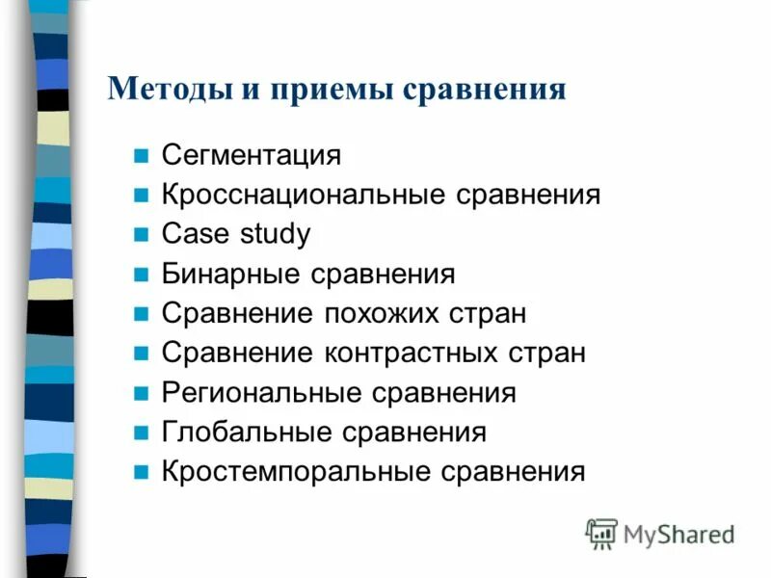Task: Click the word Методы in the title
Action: [165, 89]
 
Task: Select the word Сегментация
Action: [252, 155]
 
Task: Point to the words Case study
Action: [236, 234]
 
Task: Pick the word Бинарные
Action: [232, 274]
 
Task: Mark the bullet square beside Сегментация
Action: [142, 155]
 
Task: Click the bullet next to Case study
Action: [142, 234]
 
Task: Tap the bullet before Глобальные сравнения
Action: [142, 433]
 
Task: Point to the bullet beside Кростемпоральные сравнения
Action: [142, 472]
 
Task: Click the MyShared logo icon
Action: [601, 533]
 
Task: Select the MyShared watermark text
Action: [678, 534]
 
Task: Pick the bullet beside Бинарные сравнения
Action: [142, 274]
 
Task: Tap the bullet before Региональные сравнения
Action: [142, 393]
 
